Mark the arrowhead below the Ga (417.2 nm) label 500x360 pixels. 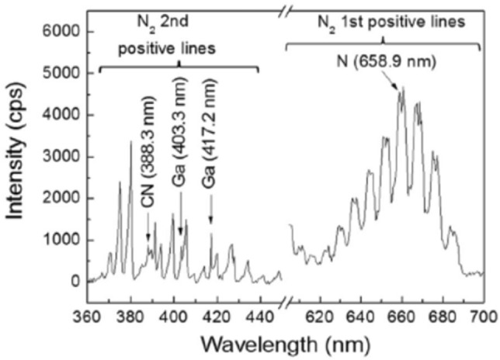[210, 230]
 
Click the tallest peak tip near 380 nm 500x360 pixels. [130, 142]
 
